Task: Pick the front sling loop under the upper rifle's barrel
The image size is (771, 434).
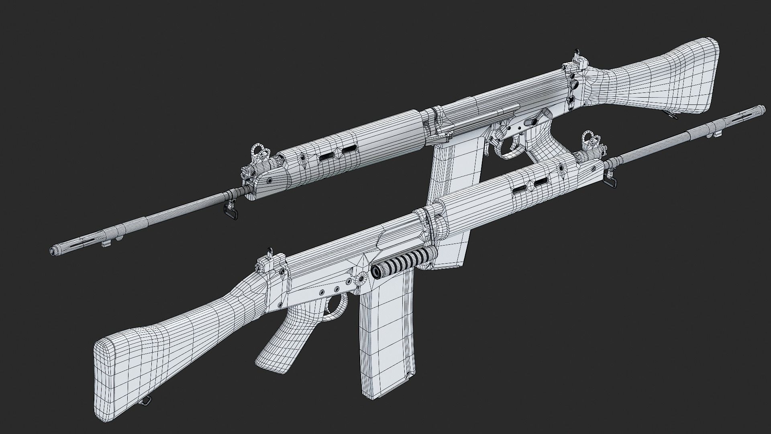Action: coord(230,212)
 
